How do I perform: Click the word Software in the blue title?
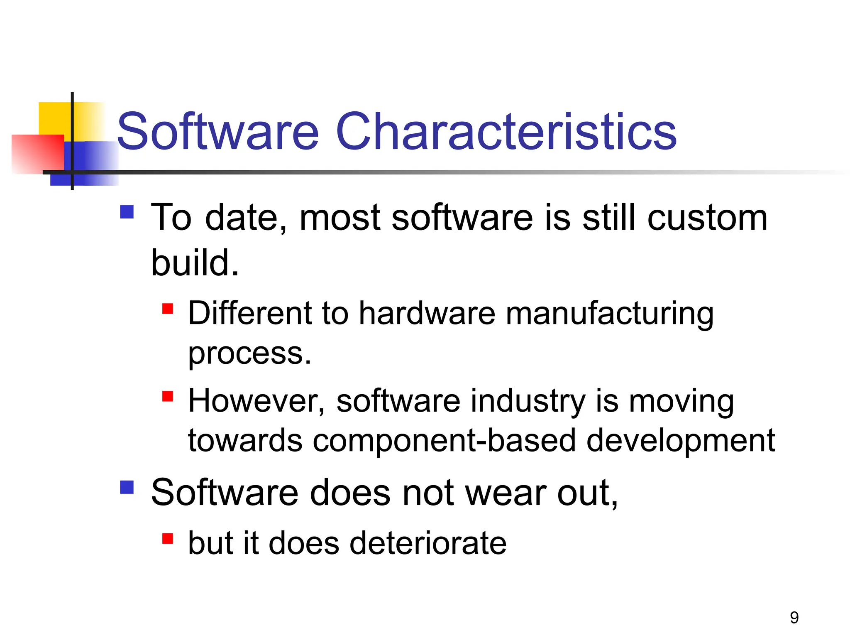(218, 132)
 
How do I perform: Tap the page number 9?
(794, 618)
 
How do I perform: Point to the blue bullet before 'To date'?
(127, 212)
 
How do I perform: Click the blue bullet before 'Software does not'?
(127, 487)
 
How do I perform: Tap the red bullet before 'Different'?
(168, 309)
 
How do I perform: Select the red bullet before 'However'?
(168, 396)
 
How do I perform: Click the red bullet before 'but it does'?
(168, 539)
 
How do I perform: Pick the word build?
(195, 263)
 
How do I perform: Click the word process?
(249, 354)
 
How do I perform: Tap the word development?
(681, 441)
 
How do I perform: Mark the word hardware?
(427, 313)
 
